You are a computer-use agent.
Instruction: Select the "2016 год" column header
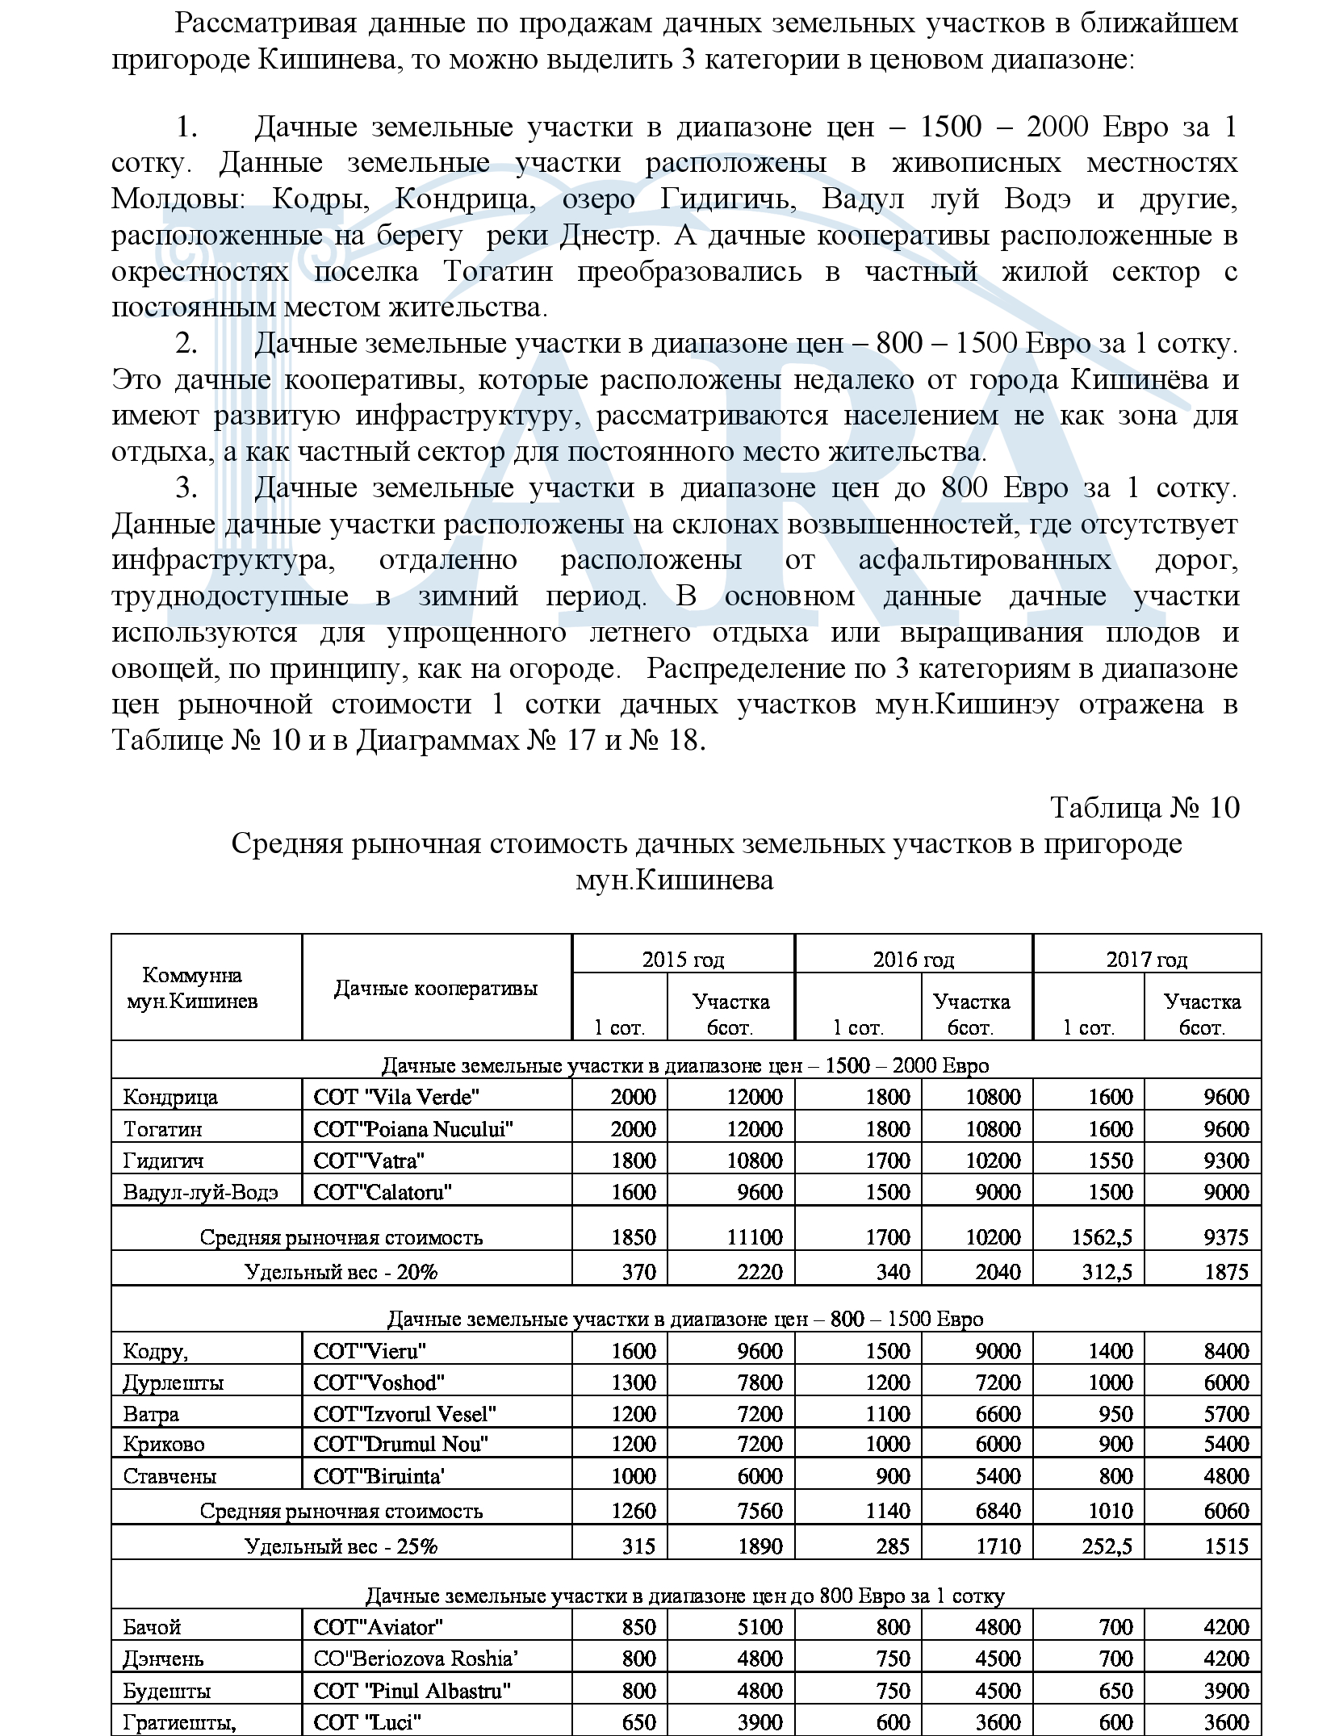pos(913,960)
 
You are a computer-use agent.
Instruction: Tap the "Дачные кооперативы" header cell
pos(436,989)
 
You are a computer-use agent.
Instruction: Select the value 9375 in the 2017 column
pos(1225,1237)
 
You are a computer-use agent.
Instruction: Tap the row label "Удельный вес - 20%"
pos(341,1273)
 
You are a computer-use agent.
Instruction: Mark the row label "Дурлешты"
pos(174,1383)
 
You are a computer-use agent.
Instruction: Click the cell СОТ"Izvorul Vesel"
pos(404,1414)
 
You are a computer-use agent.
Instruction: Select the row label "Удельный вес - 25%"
pos(341,1547)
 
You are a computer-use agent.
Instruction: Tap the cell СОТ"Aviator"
pos(379,1627)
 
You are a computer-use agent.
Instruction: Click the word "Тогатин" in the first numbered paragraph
pos(498,272)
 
